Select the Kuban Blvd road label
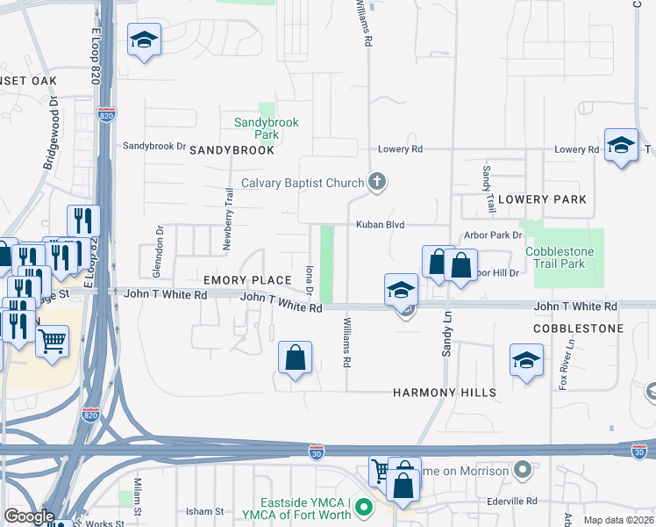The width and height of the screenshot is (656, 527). (x=380, y=225)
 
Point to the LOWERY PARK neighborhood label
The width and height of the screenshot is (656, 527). (x=542, y=199)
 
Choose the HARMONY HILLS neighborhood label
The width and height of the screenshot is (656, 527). (x=445, y=393)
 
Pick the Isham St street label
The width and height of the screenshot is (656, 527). (x=205, y=511)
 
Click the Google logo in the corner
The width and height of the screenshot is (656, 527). (x=29, y=517)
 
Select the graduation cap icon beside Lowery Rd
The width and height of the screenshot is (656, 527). (x=621, y=145)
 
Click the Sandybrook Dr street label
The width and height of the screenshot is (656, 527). (x=154, y=146)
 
